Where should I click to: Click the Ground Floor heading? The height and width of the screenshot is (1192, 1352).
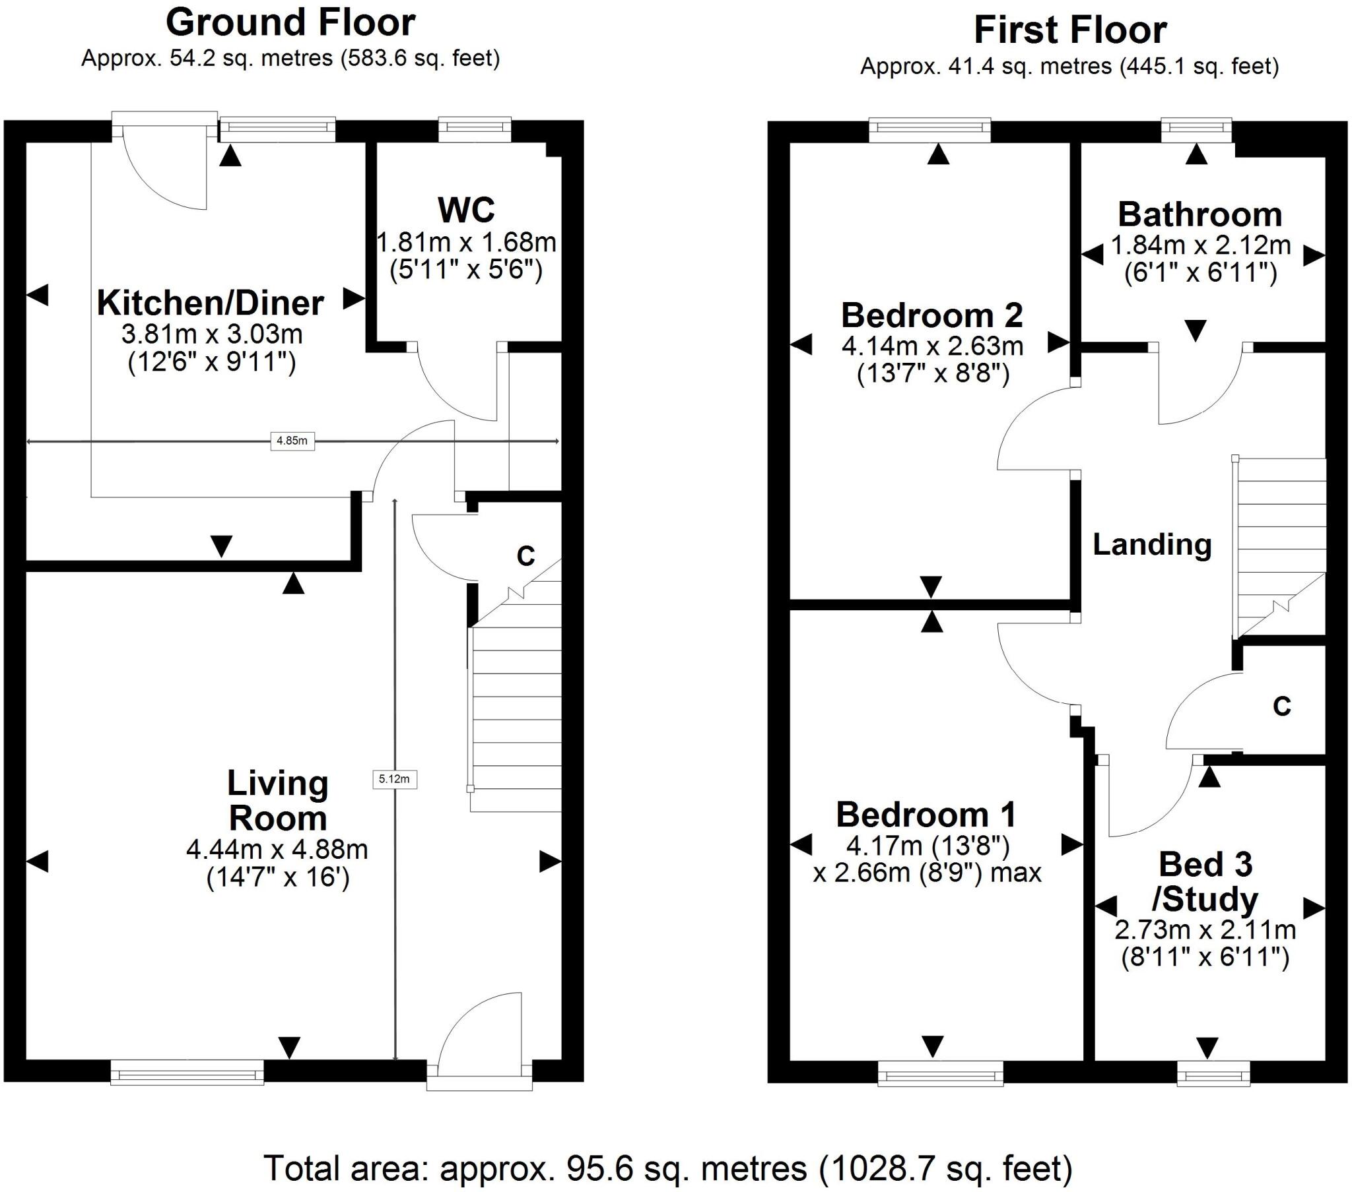click(290, 22)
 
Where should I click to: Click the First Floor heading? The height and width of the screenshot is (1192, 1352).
click(1069, 30)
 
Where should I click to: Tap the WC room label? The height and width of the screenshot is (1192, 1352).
click(466, 210)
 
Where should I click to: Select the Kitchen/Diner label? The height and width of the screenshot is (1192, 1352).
click(211, 303)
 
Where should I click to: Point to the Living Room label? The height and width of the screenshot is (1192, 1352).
click(278, 801)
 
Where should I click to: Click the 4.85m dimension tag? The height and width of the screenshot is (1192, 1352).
click(292, 440)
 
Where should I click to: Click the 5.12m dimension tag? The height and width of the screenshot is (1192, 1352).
click(394, 779)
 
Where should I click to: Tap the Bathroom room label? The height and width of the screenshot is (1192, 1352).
click(1200, 214)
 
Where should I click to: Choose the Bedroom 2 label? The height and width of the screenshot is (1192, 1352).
click(932, 315)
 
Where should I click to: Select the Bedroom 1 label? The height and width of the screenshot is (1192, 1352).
click(926, 815)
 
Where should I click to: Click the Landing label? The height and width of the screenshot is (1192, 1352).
click(1151, 545)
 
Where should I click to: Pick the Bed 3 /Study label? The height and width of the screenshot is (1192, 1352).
click(1206, 882)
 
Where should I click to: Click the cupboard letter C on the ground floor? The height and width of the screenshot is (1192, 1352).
click(526, 557)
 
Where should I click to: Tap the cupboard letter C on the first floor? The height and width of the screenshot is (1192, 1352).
click(1282, 706)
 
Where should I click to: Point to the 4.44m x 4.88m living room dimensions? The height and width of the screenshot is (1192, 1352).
click(277, 849)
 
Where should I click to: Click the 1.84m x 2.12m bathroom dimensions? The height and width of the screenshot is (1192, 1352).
click(1201, 245)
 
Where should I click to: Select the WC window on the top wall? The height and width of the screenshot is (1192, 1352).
click(475, 129)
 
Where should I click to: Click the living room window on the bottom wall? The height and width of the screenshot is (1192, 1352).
click(187, 1073)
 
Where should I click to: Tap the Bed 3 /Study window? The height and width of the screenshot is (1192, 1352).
click(1213, 1073)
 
